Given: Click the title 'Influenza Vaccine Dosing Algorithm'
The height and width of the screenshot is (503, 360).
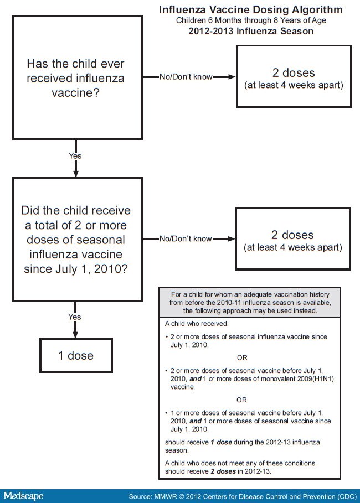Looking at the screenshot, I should tap(250, 10).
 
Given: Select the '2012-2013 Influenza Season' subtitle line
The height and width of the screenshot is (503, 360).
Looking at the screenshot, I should tap(250, 31).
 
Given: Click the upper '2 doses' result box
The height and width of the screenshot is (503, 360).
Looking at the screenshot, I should tap(294, 76).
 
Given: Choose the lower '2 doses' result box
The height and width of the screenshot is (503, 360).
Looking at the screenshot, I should tap(294, 238).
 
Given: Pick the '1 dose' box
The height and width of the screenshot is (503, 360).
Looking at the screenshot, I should tap(76, 355).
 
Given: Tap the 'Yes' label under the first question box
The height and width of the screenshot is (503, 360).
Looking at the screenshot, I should tap(75, 156).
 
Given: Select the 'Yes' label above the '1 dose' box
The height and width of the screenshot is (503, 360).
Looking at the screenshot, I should tap(74, 317).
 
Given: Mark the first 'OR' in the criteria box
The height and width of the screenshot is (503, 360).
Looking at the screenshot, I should tap(242, 357).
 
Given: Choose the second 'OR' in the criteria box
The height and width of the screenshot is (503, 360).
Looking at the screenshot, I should tap(242, 400).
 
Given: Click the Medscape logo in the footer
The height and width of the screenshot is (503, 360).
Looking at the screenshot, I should tap(23, 496).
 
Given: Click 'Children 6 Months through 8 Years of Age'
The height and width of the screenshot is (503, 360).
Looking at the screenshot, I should tap(250, 21).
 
